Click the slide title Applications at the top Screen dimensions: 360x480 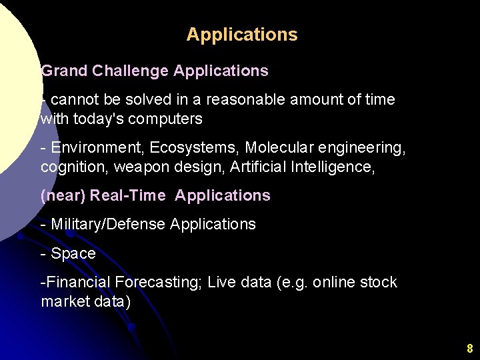click(x=242, y=35)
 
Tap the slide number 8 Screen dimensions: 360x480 click(x=469, y=348)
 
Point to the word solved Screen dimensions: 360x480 click(x=140, y=100)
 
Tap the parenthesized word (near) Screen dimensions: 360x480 click(x=63, y=196)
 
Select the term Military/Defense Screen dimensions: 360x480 click(x=108, y=225)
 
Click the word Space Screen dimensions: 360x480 click(x=73, y=254)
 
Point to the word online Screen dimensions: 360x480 click(x=334, y=283)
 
